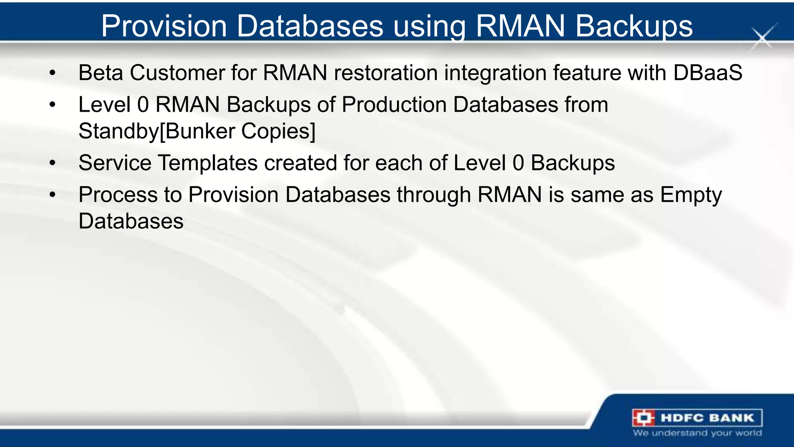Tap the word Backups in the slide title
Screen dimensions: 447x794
pyautogui.click(x=634, y=26)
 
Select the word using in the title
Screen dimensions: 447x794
pyautogui.click(x=430, y=26)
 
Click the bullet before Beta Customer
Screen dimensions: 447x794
pyautogui.click(x=53, y=73)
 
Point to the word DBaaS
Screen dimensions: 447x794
pyautogui.click(x=708, y=73)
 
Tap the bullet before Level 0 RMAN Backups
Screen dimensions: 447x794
pyautogui.click(x=53, y=105)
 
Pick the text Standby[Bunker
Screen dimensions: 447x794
pyautogui.click(x=156, y=131)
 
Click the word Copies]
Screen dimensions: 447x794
pyautogui.click(x=278, y=131)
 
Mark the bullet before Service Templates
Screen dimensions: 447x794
pyautogui.click(x=53, y=163)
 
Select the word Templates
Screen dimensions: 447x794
pyautogui.click(x=208, y=163)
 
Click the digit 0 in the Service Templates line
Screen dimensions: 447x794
pyautogui.click(x=518, y=163)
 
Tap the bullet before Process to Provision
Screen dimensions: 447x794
pyautogui.click(x=53, y=195)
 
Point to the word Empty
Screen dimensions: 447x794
pyautogui.click(x=691, y=195)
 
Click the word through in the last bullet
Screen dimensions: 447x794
pyautogui.click(x=434, y=195)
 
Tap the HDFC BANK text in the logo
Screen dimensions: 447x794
pyautogui.click(x=708, y=418)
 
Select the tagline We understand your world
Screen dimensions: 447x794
pyautogui.click(x=697, y=433)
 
